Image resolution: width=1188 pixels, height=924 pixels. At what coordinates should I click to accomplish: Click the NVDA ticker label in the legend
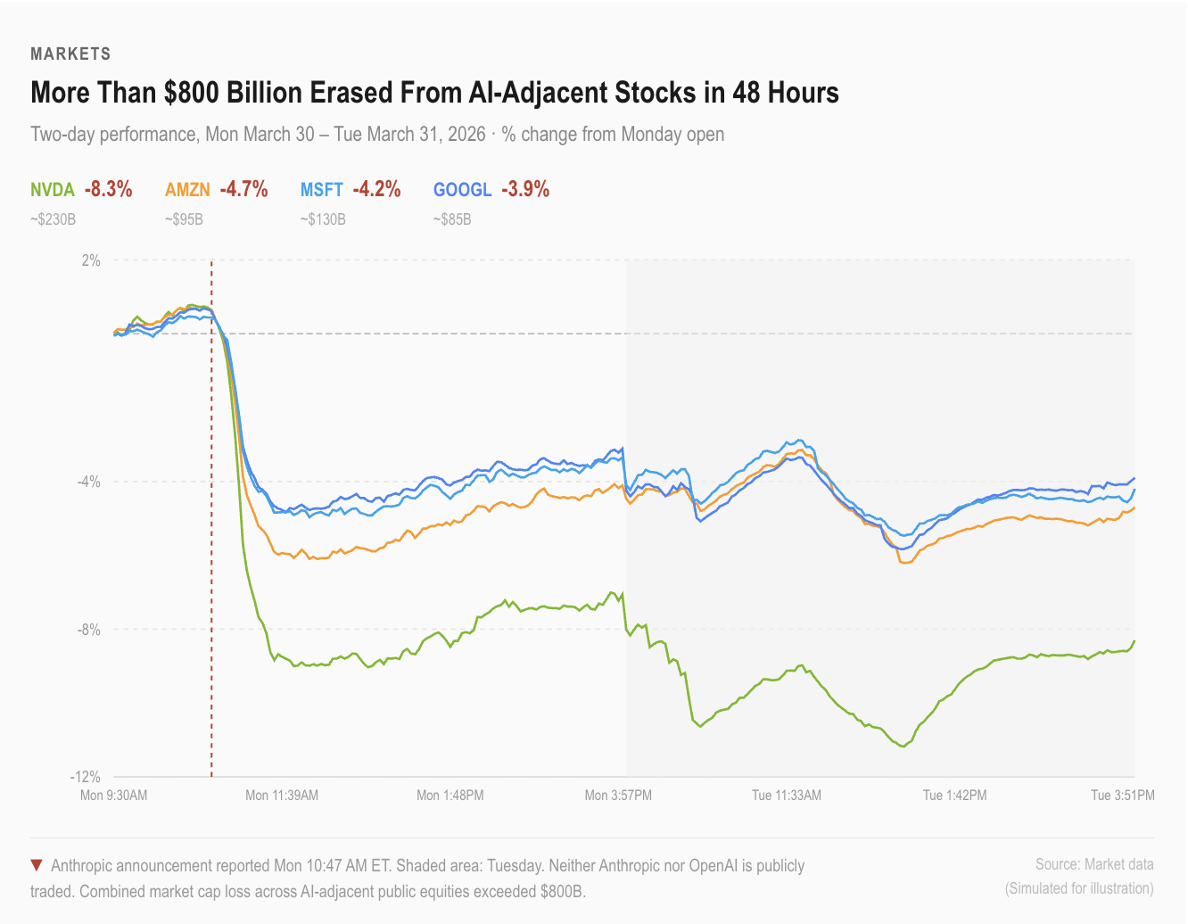pos(53,189)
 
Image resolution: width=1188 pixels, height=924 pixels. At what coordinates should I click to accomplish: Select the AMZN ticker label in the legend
pos(187,189)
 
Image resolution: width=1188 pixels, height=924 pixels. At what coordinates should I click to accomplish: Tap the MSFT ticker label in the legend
pos(321,189)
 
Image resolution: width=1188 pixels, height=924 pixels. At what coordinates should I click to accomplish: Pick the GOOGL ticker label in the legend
pos(462,189)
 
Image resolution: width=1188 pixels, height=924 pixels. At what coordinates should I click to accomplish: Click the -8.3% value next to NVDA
pos(109,189)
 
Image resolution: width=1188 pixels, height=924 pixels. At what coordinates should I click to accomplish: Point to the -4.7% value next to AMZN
pos(243,189)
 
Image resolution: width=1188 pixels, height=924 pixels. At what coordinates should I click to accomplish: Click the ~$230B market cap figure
pos(53,219)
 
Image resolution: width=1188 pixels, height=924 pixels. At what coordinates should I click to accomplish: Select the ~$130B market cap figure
pos(322,219)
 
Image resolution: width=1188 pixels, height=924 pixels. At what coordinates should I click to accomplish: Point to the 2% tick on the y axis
pos(91,260)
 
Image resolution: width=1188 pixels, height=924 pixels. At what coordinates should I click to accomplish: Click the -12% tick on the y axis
pos(87,777)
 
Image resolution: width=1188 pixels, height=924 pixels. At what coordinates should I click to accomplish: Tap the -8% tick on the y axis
pos(89,630)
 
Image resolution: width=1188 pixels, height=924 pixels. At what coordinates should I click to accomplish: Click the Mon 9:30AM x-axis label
pos(113,795)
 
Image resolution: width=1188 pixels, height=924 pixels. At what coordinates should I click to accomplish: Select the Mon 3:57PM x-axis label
pos(618,795)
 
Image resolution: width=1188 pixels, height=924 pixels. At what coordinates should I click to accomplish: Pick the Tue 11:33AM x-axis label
pos(787,795)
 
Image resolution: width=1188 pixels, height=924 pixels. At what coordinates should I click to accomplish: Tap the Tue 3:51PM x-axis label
pos(1123,795)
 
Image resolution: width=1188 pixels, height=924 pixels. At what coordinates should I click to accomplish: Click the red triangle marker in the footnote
pos(37,865)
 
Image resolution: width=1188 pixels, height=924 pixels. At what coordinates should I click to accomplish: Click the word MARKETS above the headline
pos(70,54)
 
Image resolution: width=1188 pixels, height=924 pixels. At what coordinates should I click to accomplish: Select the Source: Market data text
pos(1094,864)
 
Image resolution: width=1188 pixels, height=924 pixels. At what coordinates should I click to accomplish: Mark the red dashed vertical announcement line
pos(211,535)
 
